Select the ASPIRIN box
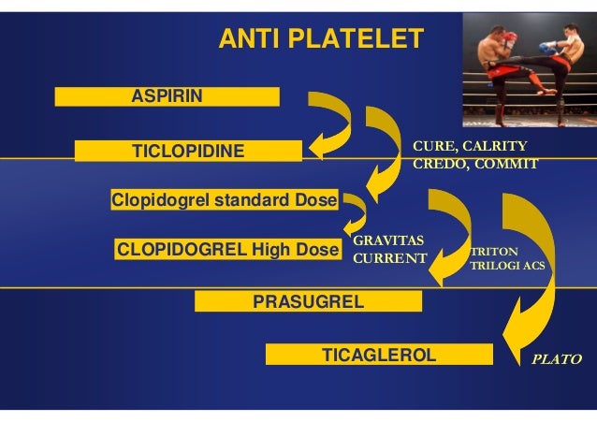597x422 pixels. pos(167,96)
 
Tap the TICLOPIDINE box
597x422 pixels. pos(188,151)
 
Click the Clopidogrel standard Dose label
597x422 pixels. pos(225,200)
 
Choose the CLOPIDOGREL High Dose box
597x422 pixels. pos(226,250)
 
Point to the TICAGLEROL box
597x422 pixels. pos(379,355)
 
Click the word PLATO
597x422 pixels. pos(557,358)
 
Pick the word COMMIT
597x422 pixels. pos(506,164)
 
